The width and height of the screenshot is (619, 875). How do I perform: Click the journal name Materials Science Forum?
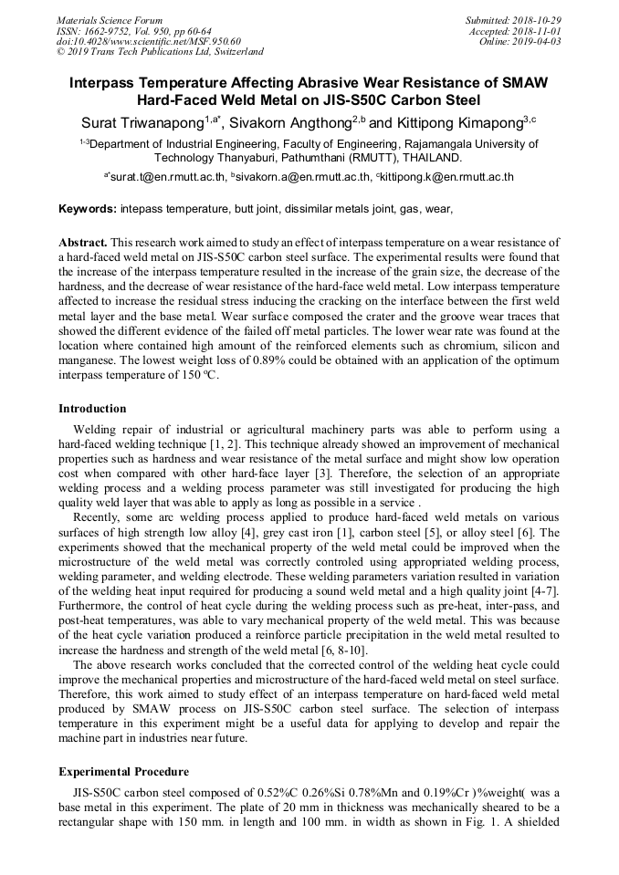click(110, 20)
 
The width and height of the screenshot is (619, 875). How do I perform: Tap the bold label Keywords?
click(87, 209)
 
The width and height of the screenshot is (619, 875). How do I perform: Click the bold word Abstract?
click(84, 243)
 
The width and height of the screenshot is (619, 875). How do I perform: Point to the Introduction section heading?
click(92, 408)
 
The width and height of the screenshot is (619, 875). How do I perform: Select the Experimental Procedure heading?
click(123, 772)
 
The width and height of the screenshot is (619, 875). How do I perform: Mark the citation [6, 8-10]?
click(341, 650)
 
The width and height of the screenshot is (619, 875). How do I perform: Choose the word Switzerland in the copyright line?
click(228, 53)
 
